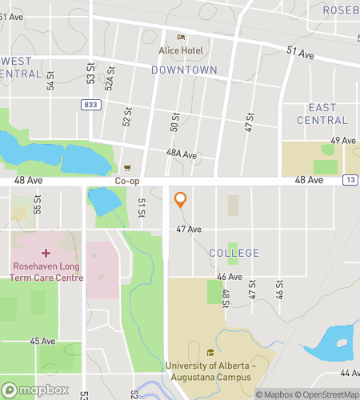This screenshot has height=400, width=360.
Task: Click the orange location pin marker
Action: click(181, 200)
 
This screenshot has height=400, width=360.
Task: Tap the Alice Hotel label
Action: click(181, 50)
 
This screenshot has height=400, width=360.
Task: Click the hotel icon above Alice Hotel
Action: click(181, 37)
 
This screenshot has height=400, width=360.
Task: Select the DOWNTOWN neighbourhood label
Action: click(184, 70)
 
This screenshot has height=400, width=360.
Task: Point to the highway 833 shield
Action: click(91, 104)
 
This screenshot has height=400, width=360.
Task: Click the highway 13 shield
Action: click(350, 181)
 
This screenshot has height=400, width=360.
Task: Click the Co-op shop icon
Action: click(128, 169)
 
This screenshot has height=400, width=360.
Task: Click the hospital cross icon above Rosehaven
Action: click(45, 252)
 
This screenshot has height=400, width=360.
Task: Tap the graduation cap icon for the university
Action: click(211, 353)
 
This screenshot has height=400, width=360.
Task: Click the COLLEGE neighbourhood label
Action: click(234, 253)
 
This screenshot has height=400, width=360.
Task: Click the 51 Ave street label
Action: click(300, 53)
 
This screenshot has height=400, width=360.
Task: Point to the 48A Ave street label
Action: click(182, 154)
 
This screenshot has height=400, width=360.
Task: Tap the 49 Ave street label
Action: click(342, 140)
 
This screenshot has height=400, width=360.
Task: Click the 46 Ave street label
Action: click(230, 277)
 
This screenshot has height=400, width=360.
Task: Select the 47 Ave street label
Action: click(189, 229)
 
